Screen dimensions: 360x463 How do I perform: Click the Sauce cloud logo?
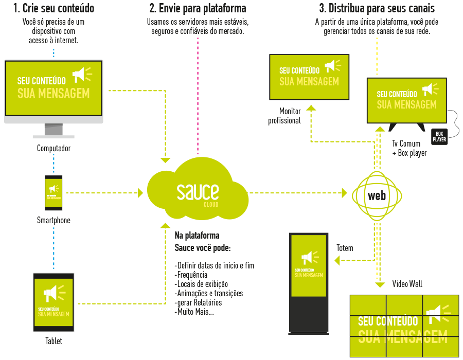click(197, 193)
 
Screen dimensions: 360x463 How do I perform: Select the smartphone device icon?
click(54, 193)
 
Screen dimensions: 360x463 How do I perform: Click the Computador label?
click(54, 149)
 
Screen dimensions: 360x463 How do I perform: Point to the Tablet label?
click(54, 340)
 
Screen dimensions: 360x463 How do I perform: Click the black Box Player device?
click(439, 136)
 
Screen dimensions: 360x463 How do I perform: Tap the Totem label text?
click(345, 248)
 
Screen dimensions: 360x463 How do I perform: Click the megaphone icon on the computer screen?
click(81, 75)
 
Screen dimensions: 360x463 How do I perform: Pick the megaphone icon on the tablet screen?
click(53, 293)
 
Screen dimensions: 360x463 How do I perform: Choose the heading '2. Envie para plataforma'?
click(198, 9)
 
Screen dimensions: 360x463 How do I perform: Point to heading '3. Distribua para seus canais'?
click(377, 9)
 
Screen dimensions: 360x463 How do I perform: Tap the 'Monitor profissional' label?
click(285, 116)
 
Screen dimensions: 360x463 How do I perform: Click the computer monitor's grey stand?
click(54, 131)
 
